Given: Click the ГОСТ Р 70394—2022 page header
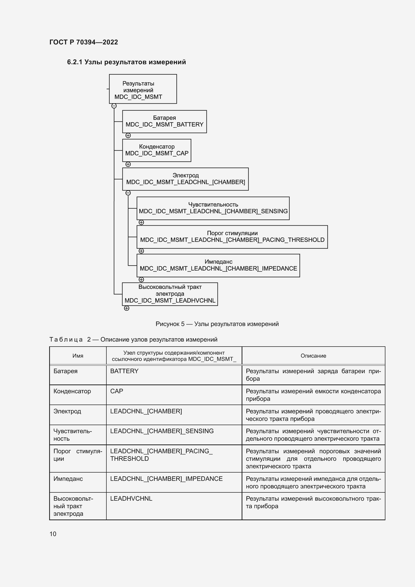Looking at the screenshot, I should pos(84,42).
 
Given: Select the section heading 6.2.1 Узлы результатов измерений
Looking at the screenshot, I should pos(126,62).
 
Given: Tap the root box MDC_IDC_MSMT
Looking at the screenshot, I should pos(143,89).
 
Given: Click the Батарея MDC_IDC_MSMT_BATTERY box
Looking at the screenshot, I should pos(164,121).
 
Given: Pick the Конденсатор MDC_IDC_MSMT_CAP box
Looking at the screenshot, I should pos(156,150).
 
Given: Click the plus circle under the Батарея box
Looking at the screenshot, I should pos(128,136).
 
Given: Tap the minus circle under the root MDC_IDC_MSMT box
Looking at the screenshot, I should pos(114,106).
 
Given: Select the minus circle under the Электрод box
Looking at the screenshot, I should pos(128,193).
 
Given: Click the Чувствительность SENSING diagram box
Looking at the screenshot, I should pos(213,208).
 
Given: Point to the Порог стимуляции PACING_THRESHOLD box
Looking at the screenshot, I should pos(232,237).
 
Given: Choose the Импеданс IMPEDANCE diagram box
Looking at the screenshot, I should pos(218,265).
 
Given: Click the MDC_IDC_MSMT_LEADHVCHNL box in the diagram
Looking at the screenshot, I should pos(170,294).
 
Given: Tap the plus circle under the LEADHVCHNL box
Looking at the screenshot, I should pos(126,308).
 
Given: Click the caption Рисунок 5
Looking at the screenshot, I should pos(217,324).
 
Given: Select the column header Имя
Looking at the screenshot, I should pos(78,356).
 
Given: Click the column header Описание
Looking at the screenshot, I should pos(313,356).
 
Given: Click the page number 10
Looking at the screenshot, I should pos(53,534).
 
